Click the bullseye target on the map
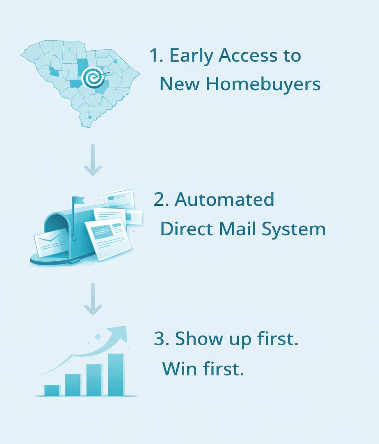coord(91,77)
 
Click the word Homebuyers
coord(263,84)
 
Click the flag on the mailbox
coord(78,201)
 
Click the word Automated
coord(224,200)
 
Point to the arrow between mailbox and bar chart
coord(93,299)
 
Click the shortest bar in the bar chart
coord(52,390)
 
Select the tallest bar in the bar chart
coord(115,374)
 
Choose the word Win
coord(180,369)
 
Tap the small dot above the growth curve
coord(98,337)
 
